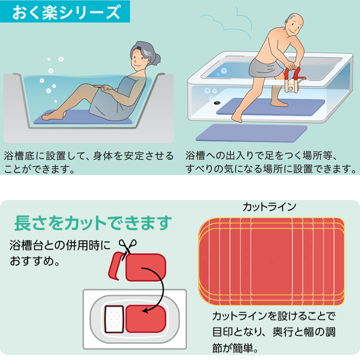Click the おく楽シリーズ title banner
(x=65, y=11)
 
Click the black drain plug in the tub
(x=217, y=103)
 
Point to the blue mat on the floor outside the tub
(x=251, y=132)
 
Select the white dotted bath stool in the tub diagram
(x=114, y=319)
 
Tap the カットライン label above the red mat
(x=269, y=207)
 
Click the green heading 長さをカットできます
(x=93, y=223)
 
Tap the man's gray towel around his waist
(x=266, y=67)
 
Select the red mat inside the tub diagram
(x=145, y=319)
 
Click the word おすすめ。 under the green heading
(x=34, y=261)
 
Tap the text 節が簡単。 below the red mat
(x=235, y=348)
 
